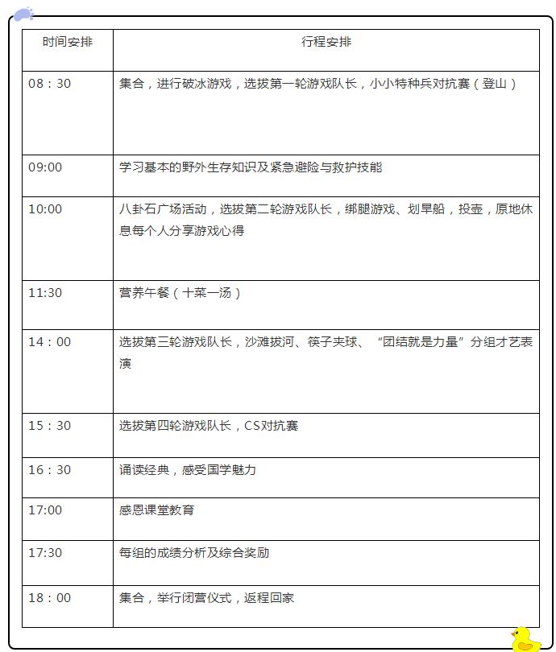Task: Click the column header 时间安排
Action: click(x=68, y=42)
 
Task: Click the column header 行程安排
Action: click(x=326, y=42)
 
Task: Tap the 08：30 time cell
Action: click(x=49, y=84)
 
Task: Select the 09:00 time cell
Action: click(x=45, y=167)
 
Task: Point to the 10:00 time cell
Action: click(x=45, y=209)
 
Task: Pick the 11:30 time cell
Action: click(x=45, y=293)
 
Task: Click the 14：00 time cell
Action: click(x=49, y=342)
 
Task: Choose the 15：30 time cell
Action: click(x=49, y=426)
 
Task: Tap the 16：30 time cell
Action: click(x=49, y=469)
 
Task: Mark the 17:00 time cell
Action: click(x=45, y=510)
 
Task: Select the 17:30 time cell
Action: click(x=45, y=553)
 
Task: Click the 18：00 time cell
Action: click(x=49, y=598)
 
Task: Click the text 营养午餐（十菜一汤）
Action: click(x=180, y=293)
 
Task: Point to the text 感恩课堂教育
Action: click(x=157, y=510)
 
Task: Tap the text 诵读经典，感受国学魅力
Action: click(x=188, y=469)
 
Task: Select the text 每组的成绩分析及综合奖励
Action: click(x=194, y=553)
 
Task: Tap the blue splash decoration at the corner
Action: click(x=23, y=14)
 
